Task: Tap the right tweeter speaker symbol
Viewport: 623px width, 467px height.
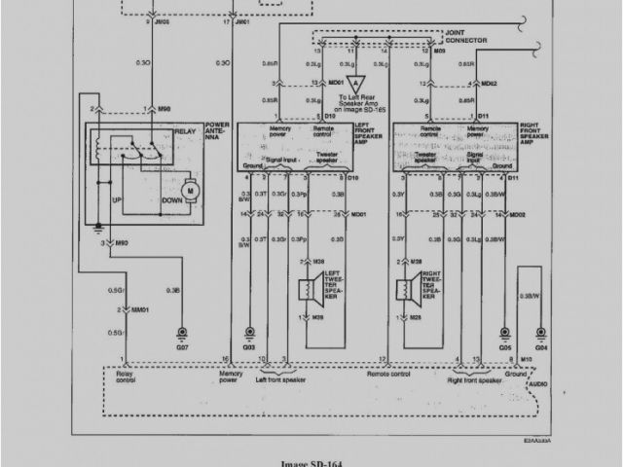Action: click(402, 288)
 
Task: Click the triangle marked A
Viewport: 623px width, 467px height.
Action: click(356, 84)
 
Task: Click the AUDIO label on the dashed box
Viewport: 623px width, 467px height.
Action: click(536, 384)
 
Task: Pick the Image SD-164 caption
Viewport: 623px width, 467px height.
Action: click(311, 462)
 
